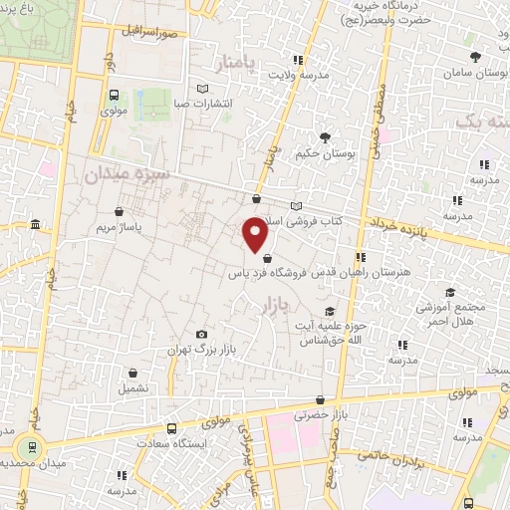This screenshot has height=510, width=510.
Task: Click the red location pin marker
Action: [256, 235]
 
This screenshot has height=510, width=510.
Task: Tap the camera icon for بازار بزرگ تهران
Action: [202, 335]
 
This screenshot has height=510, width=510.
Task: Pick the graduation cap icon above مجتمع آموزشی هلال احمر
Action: [450, 293]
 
